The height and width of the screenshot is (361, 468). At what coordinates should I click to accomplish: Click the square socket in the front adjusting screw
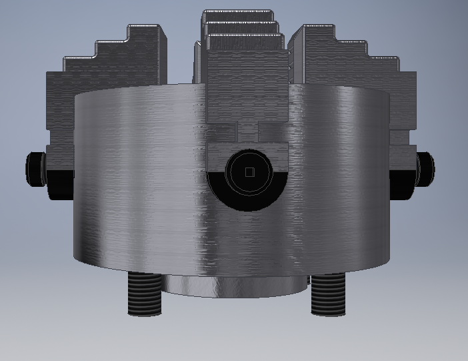point(249,172)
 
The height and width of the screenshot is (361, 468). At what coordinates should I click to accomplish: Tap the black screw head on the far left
point(35,168)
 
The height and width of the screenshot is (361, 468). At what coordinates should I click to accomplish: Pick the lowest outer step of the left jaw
point(60,100)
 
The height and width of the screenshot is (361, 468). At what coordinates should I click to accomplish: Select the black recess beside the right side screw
point(400,184)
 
